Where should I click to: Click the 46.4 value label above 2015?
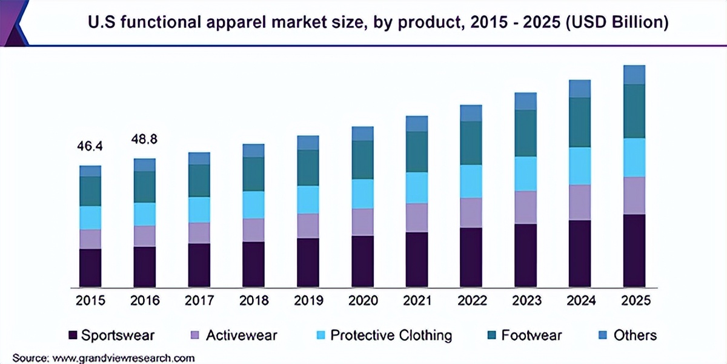click(x=90, y=146)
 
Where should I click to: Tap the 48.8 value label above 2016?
click(x=145, y=139)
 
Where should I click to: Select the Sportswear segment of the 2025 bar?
click(x=634, y=250)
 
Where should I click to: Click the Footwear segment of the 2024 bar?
click(x=580, y=122)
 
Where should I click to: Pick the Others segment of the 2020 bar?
click(x=363, y=133)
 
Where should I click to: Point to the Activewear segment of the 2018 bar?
click(x=253, y=230)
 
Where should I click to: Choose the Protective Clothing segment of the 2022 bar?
click(x=471, y=181)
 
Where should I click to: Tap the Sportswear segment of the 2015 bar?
click(x=90, y=268)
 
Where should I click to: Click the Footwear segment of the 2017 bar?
click(x=199, y=180)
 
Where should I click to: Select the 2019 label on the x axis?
click(x=308, y=300)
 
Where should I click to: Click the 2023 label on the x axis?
click(x=526, y=300)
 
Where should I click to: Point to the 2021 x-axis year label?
click(x=417, y=300)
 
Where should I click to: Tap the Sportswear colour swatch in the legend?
click(x=73, y=335)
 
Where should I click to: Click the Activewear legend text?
click(x=242, y=335)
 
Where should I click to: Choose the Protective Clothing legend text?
click(x=391, y=335)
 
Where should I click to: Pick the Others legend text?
click(x=635, y=335)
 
